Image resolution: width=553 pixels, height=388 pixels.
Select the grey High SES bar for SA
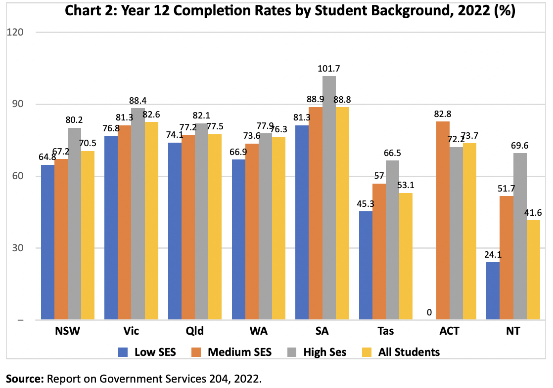pos(329,197)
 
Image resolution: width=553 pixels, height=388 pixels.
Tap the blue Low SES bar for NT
pos(493,291)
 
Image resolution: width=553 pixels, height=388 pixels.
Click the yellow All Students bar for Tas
pos(406,256)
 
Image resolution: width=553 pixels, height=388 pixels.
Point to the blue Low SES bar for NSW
pos(47,242)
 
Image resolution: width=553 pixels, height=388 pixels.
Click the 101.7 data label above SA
pos(329,69)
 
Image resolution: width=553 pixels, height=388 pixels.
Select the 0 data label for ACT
pos(429,312)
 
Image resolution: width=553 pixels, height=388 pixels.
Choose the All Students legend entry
pos(409,352)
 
